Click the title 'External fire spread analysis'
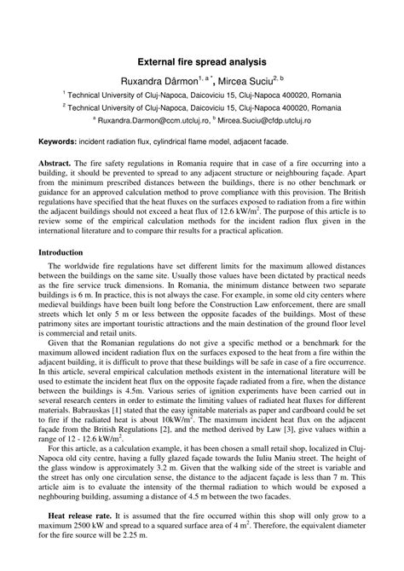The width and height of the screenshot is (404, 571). (202, 62)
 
